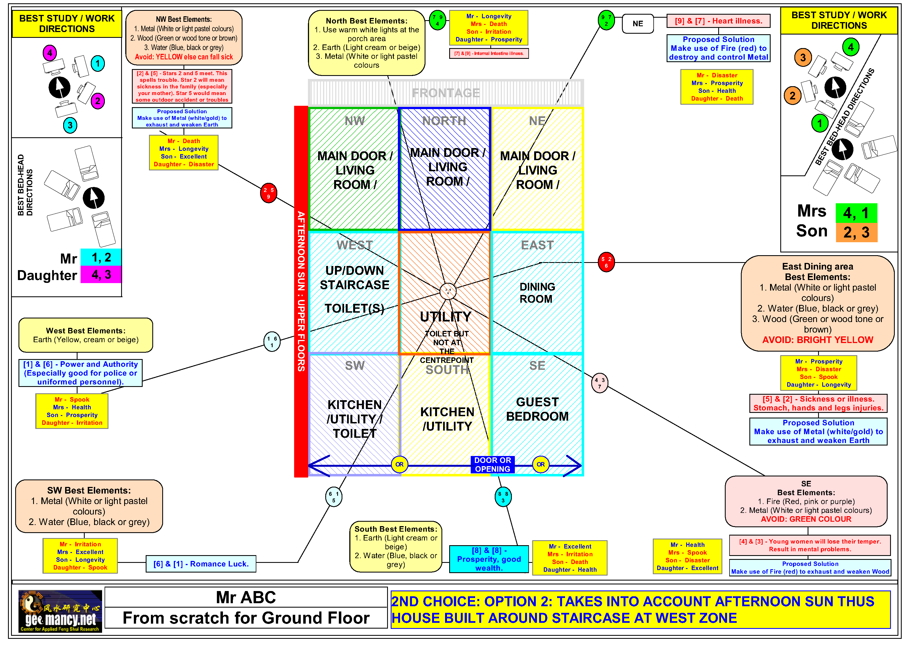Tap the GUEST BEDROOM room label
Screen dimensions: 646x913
click(x=537, y=409)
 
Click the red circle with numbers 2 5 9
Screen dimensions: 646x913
click(x=268, y=193)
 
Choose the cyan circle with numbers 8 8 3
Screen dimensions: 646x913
click(x=503, y=497)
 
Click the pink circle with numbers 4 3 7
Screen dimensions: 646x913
click(x=599, y=383)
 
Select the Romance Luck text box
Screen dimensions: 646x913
click(x=201, y=564)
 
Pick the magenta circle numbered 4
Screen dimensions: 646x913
click(x=50, y=52)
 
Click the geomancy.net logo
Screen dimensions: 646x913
click(x=60, y=611)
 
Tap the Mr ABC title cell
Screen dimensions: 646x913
click(x=246, y=597)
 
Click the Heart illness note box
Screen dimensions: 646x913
click(x=718, y=21)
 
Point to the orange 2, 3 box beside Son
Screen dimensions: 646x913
click(x=856, y=232)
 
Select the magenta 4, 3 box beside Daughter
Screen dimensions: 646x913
click(x=101, y=275)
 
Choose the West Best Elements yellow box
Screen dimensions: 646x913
click(x=86, y=335)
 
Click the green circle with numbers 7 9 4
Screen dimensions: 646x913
click(x=437, y=20)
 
